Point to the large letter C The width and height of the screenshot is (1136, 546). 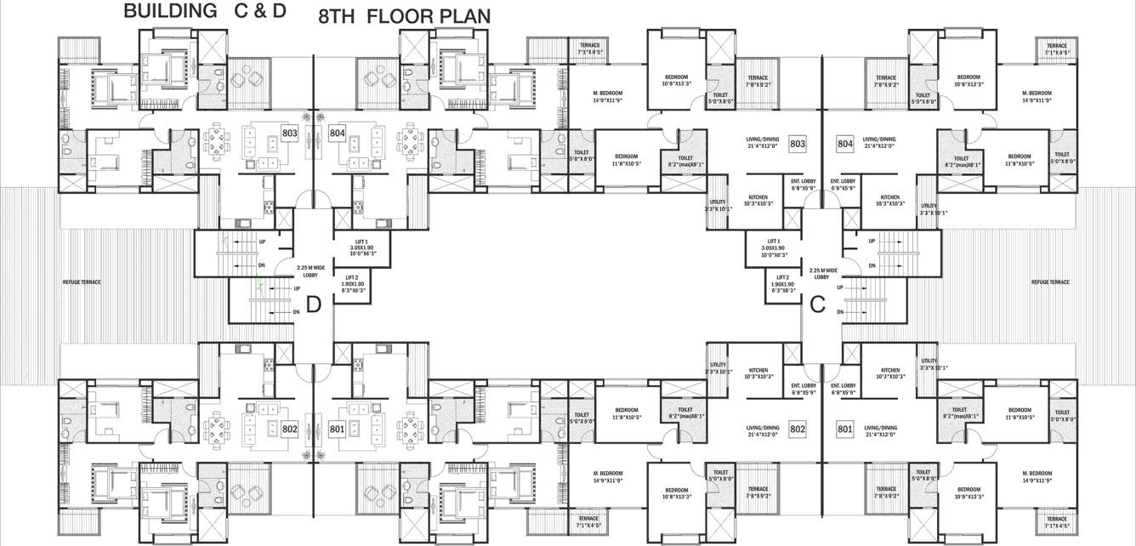pyautogui.click(x=818, y=304)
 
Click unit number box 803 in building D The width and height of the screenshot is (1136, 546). pyautogui.click(x=290, y=134)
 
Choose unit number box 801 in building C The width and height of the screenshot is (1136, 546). pyautogui.click(x=845, y=429)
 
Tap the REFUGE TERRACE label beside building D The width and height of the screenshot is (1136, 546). pyautogui.click(x=82, y=282)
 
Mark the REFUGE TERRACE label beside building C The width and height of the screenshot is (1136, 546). pyautogui.click(x=1050, y=282)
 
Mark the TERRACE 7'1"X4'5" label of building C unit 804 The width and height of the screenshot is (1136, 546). pyautogui.click(x=1057, y=49)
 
